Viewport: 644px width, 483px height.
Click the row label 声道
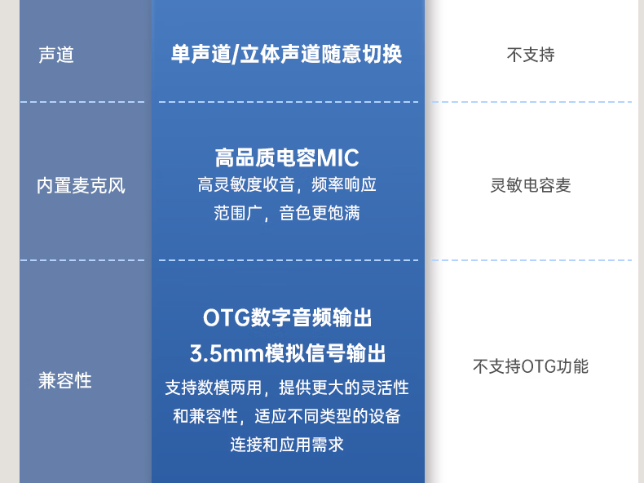pos(56,55)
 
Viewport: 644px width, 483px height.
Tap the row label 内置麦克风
pos(81,185)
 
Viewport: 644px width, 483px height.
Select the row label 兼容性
pos(64,380)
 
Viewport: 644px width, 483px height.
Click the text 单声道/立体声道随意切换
pos(287,55)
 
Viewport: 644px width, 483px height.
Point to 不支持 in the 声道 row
pos(531,55)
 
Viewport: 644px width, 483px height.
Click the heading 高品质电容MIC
pos(287,157)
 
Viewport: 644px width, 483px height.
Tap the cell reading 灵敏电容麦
pos(531,185)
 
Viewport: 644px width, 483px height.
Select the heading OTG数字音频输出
pos(287,317)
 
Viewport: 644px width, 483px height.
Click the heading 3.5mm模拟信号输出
pos(287,353)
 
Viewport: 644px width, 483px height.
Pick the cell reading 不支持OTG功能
pos(531,366)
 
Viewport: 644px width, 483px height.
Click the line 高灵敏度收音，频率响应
pos(287,185)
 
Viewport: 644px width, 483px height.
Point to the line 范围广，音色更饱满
pos(287,214)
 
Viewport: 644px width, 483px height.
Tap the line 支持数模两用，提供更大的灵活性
pos(287,388)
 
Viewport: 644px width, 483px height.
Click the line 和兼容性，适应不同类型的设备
pos(287,416)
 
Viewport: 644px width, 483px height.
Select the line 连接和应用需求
pos(287,445)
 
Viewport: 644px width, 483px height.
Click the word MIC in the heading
pos(337,157)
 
